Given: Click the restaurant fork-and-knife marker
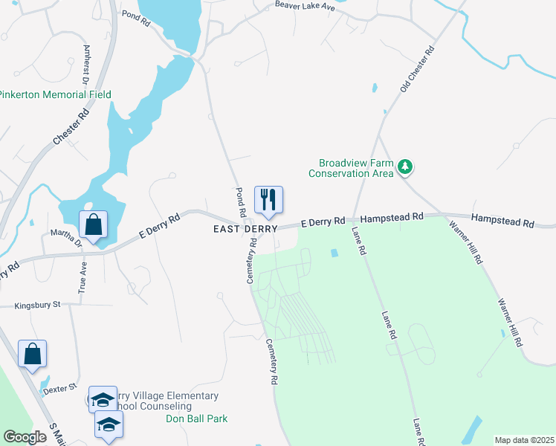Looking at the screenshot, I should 269,200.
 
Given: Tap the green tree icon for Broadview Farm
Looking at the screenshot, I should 405,167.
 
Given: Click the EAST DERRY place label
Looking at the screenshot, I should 245,229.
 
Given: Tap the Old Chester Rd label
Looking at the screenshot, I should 416,71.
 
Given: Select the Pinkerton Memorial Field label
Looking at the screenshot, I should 55,94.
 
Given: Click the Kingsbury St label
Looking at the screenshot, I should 36,306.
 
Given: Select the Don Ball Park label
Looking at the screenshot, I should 196,418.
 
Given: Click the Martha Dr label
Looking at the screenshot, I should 65,236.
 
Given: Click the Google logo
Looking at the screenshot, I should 25,436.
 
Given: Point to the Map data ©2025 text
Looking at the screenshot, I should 523,440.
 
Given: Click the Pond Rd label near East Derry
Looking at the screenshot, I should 240,202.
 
